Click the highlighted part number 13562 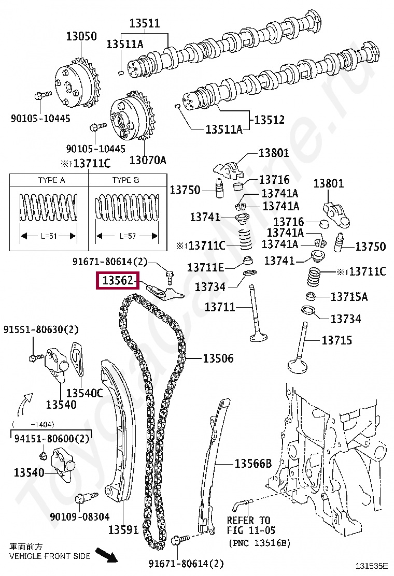pos(118,281)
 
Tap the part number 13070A pos(148,160)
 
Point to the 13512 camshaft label pos(269,120)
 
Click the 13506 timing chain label pos(218,358)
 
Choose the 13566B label pos(253,464)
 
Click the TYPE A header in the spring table pos(51,180)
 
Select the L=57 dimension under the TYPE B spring pos(127,236)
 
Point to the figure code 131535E pos(371,566)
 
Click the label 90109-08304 pos(80,516)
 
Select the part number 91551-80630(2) pos(41,329)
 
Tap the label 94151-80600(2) pos(51,438)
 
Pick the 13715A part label pos(349,297)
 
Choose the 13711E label pos(206,267)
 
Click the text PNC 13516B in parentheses pos(260,543)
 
